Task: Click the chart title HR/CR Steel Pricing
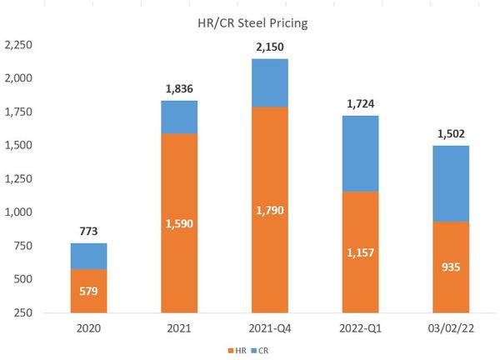tap(257, 23)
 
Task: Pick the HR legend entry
tap(238, 351)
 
